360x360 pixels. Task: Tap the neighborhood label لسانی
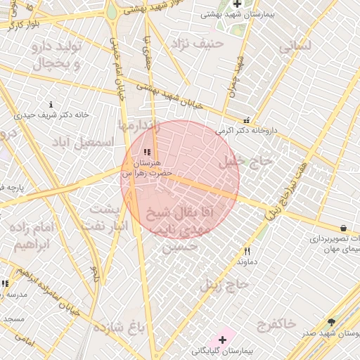(x=295, y=47)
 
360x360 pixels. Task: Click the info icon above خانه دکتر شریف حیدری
(x=51, y=104)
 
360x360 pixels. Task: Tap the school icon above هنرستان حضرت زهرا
(x=146, y=152)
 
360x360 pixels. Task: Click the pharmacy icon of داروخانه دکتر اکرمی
(x=246, y=120)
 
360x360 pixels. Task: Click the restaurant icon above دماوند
(x=246, y=251)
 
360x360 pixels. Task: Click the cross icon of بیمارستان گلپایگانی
(x=222, y=340)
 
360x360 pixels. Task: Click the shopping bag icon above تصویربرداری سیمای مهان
(x=342, y=229)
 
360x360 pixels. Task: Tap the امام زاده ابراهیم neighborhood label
(x=33, y=236)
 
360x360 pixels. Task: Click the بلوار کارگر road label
(x=25, y=24)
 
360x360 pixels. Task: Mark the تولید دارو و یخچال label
(x=58, y=54)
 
